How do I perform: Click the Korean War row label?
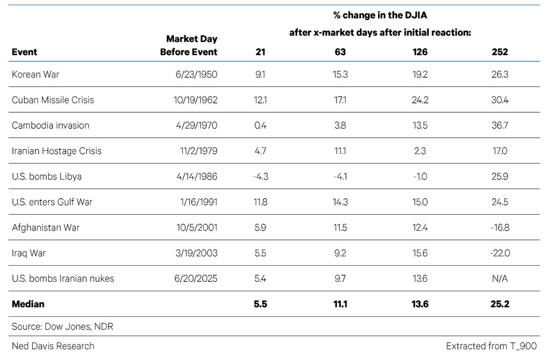(35, 74)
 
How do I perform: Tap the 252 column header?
(500, 52)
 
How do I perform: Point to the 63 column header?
(340, 52)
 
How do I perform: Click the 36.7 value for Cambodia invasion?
(500, 126)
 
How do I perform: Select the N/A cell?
(500, 278)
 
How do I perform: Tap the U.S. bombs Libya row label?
(47, 177)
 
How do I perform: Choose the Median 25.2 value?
(500, 304)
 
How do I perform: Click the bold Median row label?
(28, 304)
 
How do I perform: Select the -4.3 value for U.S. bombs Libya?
(260, 177)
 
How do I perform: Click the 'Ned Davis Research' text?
(53, 346)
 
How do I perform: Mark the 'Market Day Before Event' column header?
(189, 46)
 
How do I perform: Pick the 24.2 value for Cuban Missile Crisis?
(420, 100)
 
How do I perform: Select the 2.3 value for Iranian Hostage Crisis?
(420, 151)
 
